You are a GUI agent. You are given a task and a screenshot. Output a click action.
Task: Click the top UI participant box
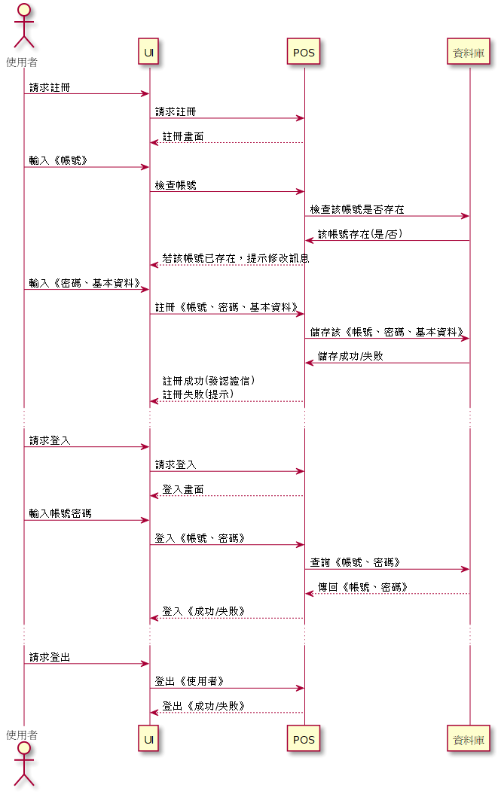click(x=148, y=52)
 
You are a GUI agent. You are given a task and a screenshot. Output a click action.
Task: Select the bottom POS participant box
click(x=304, y=739)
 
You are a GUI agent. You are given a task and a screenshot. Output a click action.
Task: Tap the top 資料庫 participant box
click(x=468, y=52)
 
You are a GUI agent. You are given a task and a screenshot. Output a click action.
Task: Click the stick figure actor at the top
click(x=23, y=26)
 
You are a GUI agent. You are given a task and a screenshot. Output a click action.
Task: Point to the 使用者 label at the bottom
click(x=22, y=735)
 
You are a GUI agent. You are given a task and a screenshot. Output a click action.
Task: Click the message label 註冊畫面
click(x=183, y=136)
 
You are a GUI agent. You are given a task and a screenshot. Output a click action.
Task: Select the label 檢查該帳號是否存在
click(x=357, y=209)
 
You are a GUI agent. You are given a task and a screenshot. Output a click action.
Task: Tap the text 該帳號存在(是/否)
click(x=360, y=233)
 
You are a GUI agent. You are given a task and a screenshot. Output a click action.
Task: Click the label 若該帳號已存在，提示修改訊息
click(x=236, y=258)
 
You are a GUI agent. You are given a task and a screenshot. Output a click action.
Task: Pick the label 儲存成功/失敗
click(x=350, y=356)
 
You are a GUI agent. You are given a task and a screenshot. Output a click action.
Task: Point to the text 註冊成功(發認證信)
click(x=209, y=380)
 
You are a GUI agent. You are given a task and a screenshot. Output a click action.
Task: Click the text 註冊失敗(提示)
click(x=198, y=394)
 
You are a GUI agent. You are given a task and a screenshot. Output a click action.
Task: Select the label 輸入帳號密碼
click(x=60, y=513)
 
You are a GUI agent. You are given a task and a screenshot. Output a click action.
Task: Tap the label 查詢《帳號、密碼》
click(x=355, y=562)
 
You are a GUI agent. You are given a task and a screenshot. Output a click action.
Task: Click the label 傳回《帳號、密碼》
click(x=362, y=587)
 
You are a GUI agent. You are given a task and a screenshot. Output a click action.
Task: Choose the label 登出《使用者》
click(x=189, y=681)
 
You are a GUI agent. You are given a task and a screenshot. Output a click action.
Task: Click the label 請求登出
click(x=50, y=657)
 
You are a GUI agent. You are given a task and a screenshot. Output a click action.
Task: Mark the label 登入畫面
click(x=183, y=489)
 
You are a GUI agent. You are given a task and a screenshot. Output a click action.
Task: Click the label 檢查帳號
click(x=176, y=185)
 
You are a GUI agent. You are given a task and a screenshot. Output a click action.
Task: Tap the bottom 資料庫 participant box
click(x=468, y=739)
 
